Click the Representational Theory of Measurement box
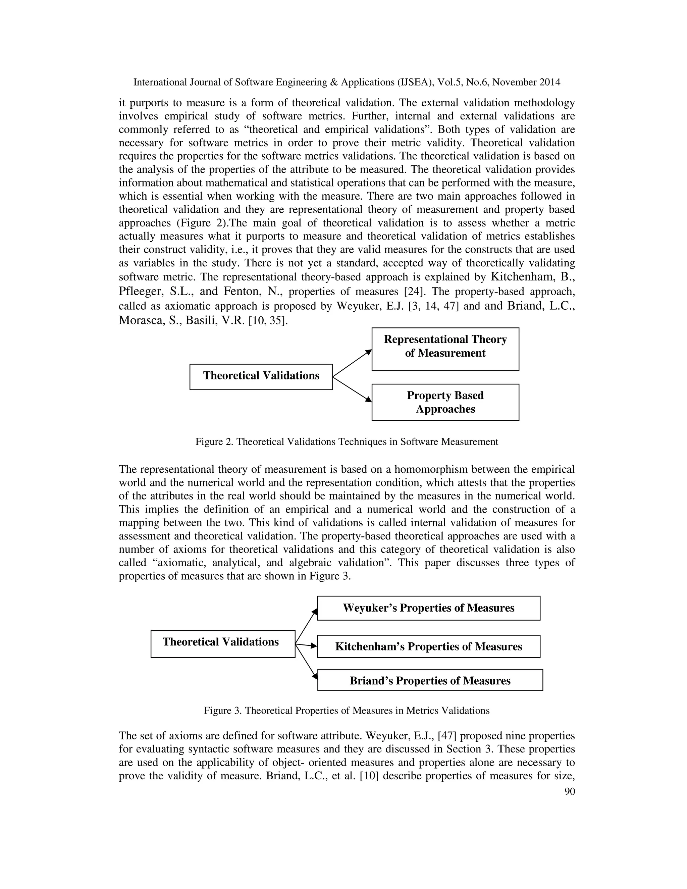click(445, 349)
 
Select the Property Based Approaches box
click(445, 402)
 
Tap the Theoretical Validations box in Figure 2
click(261, 376)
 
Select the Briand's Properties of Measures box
click(430, 681)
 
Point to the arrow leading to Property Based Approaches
click(353, 389)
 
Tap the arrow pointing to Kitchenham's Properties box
click(306, 645)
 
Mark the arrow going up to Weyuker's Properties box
click(306, 626)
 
